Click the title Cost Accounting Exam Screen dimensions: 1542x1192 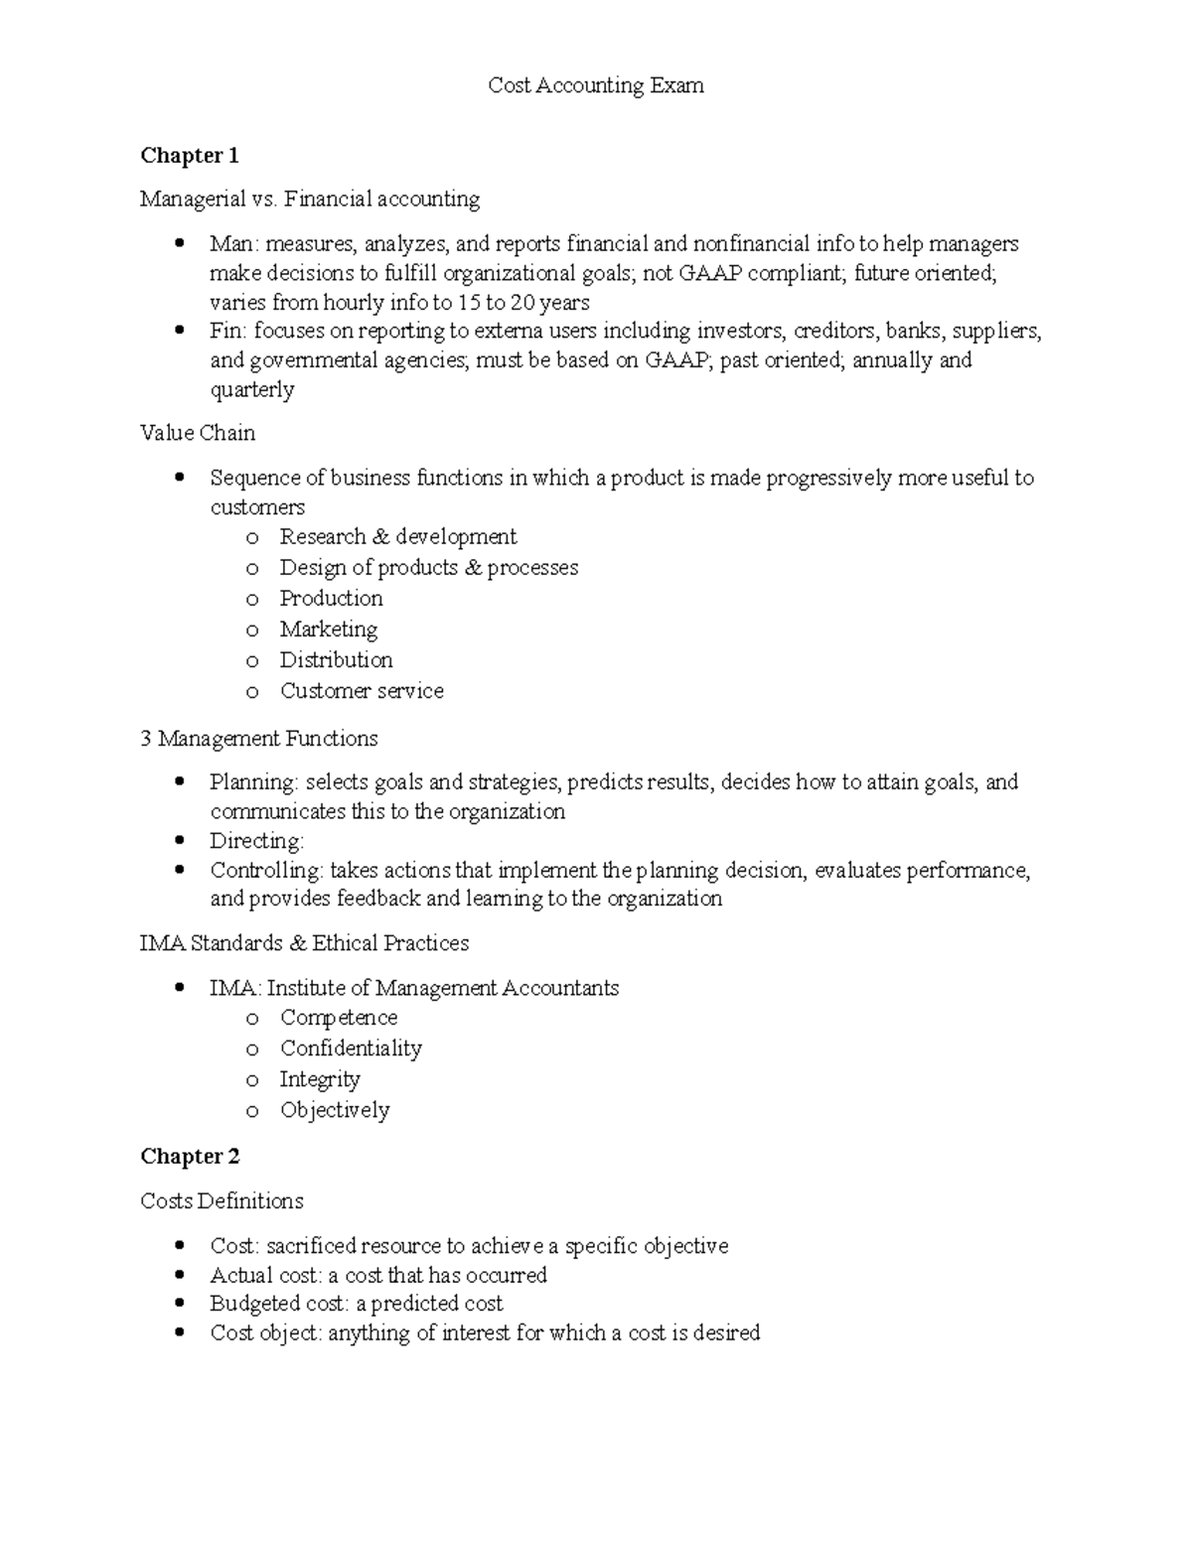pyautogui.click(x=595, y=85)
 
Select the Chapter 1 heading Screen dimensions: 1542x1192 pyautogui.click(x=190, y=155)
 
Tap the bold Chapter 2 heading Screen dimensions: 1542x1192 pyautogui.click(x=190, y=1156)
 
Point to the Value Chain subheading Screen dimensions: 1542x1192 pyautogui.click(x=198, y=433)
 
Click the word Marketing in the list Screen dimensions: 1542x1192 pyautogui.click(x=328, y=629)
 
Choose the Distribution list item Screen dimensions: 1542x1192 pyautogui.click(x=336, y=659)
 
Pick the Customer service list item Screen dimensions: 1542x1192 pyautogui.click(x=362, y=690)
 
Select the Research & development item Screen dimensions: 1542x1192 pyautogui.click(x=397, y=536)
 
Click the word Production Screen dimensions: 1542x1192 pyautogui.click(x=331, y=598)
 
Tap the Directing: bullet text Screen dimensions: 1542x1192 pyautogui.click(x=256, y=840)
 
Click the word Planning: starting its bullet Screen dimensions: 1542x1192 pyautogui.click(x=253, y=781)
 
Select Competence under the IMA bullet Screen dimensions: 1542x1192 pyautogui.click(x=339, y=1017)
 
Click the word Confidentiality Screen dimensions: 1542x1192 pyautogui.click(x=351, y=1048)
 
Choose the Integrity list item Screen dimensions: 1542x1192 pyautogui.click(x=320, y=1078)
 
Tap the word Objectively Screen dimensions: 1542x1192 pyautogui.click(x=335, y=1109)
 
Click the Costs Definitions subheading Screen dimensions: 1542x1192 pyautogui.click(x=222, y=1200)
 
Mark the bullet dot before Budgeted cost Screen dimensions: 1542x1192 pyautogui.click(x=179, y=1303)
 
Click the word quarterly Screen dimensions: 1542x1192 pyautogui.click(x=251, y=389)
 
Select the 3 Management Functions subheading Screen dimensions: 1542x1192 pyautogui.click(x=258, y=738)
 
